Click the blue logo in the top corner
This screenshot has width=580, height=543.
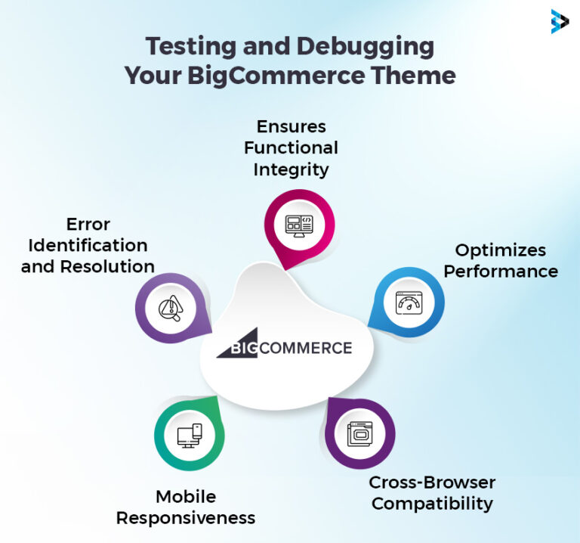tap(560, 22)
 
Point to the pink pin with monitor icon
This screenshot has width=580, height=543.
tap(298, 225)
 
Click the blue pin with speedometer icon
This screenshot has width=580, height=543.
tap(406, 302)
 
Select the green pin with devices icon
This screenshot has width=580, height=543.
tap(189, 435)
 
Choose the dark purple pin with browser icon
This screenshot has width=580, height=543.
tap(360, 434)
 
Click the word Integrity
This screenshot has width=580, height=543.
tap(291, 169)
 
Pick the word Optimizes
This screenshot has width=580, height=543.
tap(500, 250)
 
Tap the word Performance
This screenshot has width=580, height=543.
tap(500, 271)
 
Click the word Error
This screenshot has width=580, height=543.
tap(88, 224)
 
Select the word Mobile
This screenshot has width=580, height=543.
tap(186, 496)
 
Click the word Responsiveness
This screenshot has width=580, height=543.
tap(186, 517)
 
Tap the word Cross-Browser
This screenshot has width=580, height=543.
tap(431, 482)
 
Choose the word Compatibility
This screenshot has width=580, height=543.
tap(431, 503)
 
